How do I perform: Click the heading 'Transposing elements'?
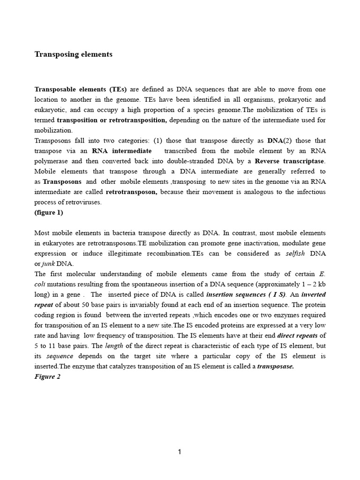click(x=74, y=54)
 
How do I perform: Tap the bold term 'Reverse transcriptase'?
click(x=289, y=161)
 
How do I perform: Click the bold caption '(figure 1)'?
click(x=49, y=212)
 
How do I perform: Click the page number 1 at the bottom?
click(x=180, y=452)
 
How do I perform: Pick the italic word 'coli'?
click(x=41, y=284)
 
